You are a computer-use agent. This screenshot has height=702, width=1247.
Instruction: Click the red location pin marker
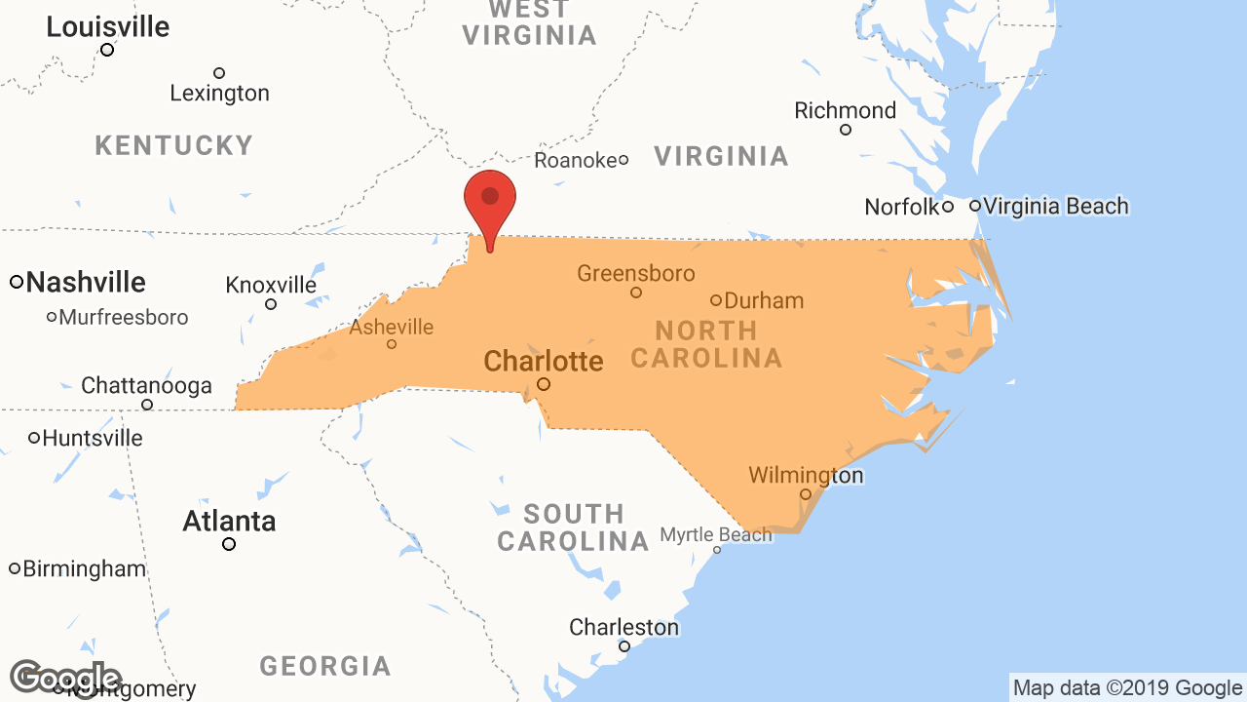tap(490, 199)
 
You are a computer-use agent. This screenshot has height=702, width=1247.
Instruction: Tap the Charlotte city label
tap(544, 361)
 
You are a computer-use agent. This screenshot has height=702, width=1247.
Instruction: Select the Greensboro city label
tap(636, 273)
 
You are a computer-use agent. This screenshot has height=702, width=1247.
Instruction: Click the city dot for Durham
tap(716, 300)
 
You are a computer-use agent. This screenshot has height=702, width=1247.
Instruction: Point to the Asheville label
tap(392, 327)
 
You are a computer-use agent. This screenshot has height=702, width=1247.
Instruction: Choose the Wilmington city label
tap(806, 476)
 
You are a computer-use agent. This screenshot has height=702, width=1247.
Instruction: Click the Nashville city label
tap(86, 283)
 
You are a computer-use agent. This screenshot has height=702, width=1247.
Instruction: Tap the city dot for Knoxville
tap(271, 304)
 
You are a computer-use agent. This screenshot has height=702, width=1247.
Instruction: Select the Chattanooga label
tap(146, 385)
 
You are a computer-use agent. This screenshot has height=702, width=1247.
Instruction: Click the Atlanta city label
tap(229, 522)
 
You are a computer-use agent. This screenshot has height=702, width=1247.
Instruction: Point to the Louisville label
tap(108, 27)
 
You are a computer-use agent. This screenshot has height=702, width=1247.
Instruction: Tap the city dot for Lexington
tap(219, 73)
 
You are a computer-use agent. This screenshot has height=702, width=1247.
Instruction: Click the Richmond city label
tap(845, 110)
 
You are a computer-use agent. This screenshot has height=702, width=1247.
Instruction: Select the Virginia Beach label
tap(1056, 206)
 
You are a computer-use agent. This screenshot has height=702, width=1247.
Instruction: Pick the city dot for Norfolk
tap(948, 207)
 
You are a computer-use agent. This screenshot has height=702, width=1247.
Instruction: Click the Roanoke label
tap(576, 160)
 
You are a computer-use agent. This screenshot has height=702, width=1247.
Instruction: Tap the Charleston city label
tap(623, 627)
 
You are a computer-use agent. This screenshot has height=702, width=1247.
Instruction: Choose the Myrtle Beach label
tap(716, 534)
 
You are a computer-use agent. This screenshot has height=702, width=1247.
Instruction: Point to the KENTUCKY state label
tap(174, 146)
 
